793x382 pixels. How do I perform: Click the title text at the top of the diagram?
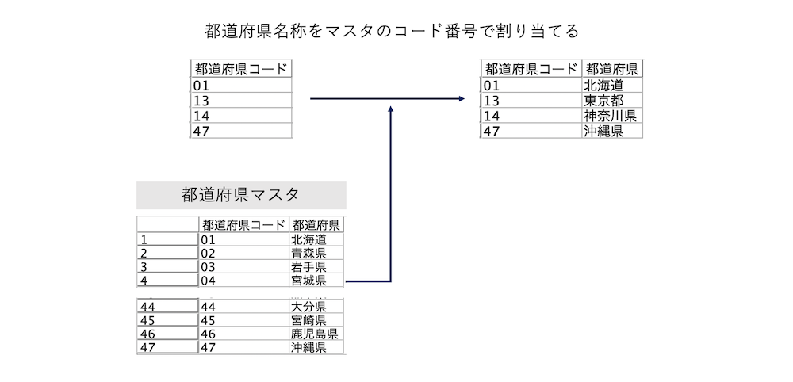[392, 32]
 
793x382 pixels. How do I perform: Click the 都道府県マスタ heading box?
[241, 194]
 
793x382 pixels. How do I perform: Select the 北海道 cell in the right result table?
[603, 85]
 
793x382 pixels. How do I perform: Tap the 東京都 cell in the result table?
[603, 101]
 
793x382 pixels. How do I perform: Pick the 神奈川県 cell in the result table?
[609, 116]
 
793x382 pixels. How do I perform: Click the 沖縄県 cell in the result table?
[603, 131]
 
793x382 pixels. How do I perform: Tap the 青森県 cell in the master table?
[308, 254]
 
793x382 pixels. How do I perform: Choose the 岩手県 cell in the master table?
[308, 267]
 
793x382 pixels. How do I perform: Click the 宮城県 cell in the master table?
[308, 281]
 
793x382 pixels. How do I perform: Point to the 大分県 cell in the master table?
[308, 307]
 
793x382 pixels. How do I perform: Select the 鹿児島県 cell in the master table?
[314, 334]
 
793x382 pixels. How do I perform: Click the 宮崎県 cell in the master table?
[308, 320]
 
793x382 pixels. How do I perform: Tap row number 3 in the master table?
[167, 267]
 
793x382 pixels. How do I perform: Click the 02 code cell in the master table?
[243, 254]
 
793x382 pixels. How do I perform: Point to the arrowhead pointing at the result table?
[461, 99]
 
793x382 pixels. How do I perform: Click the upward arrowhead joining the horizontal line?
[391, 107]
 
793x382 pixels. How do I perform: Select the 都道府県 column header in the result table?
[612, 69]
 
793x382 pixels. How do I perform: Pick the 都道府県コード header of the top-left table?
[241, 69]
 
